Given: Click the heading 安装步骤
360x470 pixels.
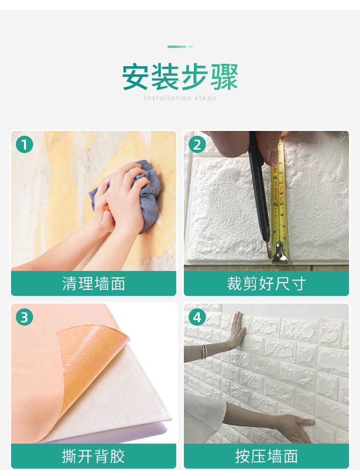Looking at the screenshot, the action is (x=180, y=77).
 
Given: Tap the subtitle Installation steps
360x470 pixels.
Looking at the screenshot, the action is (x=180, y=98).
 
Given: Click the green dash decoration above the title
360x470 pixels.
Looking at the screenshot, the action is (x=180, y=47).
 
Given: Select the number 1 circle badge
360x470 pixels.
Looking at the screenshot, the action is (x=24, y=144).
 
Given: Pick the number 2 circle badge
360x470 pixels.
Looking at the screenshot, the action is (x=197, y=144).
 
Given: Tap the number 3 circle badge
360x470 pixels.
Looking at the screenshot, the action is (x=24, y=317).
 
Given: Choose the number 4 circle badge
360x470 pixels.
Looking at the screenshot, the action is (x=197, y=317).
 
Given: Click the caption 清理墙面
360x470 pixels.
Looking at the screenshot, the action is (x=94, y=283).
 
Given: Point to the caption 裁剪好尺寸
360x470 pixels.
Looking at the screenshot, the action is (x=266, y=283).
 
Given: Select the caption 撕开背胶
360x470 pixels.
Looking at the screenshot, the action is (x=94, y=456).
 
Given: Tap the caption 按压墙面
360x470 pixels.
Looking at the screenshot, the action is (x=266, y=456).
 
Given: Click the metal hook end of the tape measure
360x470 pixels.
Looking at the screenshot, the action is (x=280, y=253).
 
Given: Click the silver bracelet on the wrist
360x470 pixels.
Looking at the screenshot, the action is (x=204, y=352).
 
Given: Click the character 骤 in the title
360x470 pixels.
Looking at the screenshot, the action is (x=225, y=77).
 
